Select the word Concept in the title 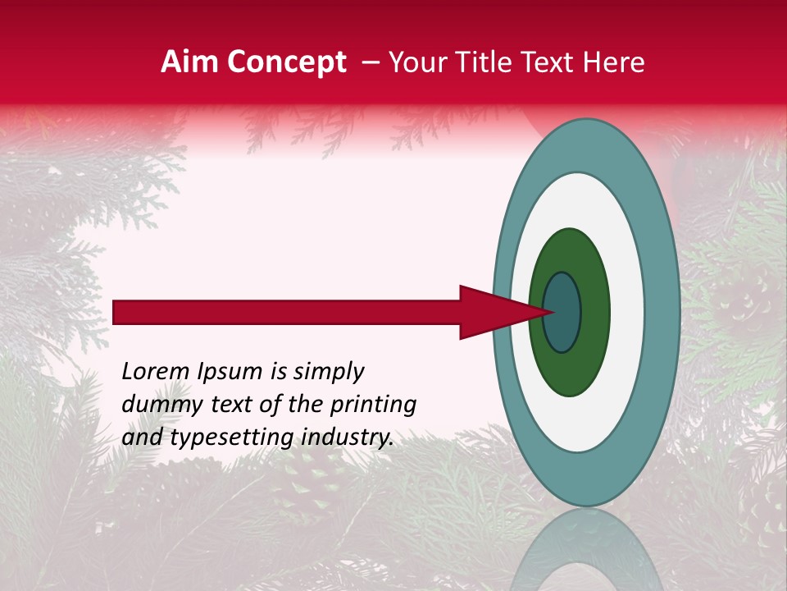pyautogui.click(x=286, y=63)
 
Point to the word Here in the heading pyautogui.click(x=614, y=62)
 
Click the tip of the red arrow pyautogui.click(x=551, y=312)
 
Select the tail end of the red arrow pyautogui.click(x=115, y=312)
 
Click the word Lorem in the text pyautogui.click(x=156, y=372)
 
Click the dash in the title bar pyautogui.click(x=370, y=63)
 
